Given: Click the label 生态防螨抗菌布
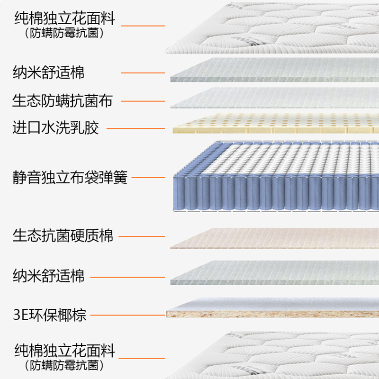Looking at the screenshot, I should [62, 101].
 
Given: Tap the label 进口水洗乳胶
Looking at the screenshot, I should [55, 128].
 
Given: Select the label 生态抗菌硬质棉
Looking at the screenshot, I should [63, 235].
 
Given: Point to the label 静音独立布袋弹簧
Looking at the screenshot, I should [70, 178].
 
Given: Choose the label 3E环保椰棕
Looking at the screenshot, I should [49, 315].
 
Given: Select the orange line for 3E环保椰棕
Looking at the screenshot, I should [127, 315].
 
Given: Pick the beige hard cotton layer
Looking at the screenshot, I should [275, 239].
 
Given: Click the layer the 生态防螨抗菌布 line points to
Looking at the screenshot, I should [275, 99].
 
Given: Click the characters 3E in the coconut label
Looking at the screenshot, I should [19, 315].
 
